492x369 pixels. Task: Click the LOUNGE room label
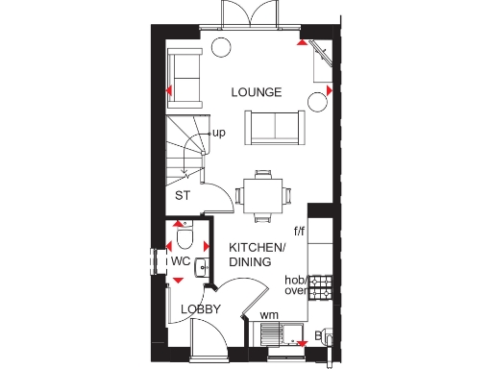[x=257, y=92]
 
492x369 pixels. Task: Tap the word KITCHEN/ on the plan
[x=258, y=247]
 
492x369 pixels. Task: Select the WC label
[x=181, y=260]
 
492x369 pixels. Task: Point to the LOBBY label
[x=202, y=309]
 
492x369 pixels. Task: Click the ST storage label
[x=182, y=195]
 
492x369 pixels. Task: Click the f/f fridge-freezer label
[x=299, y=232]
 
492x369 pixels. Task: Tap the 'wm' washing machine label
[x=269, y=314]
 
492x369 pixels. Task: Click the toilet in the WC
[x=186, y=234]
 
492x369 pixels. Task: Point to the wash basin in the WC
[x=203, y=266]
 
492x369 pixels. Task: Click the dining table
[x=262, y=193]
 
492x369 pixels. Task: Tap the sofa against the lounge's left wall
[x=184, y=77]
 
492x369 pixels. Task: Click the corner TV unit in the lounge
[x=321, y=61]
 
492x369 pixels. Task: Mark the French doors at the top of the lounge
[x=256, y=18]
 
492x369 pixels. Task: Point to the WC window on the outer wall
[x=153, y=261]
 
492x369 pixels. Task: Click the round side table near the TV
[x=316, y=100]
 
